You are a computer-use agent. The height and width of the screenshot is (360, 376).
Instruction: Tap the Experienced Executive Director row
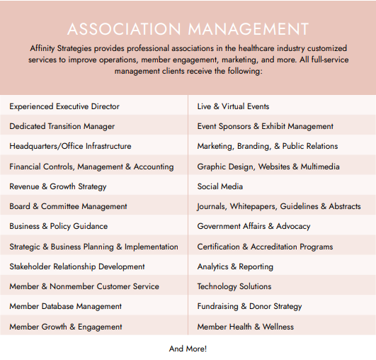(x=64, y=106)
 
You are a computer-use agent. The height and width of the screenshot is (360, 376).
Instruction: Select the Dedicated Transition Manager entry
(x=62, y=126)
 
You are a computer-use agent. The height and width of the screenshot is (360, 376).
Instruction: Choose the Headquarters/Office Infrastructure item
(x=70, y=146)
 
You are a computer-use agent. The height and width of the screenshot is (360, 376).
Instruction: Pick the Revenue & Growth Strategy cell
(x=58, y=186)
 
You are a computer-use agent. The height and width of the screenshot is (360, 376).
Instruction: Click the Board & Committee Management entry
(x=68, y=206)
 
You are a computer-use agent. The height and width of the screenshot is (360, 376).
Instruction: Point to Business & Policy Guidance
(x=59, y=226)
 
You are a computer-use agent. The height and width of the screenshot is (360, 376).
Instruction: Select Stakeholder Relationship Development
(x=77, y=266)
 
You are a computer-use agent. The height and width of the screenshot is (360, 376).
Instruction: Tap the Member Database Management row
(x=66, y=306)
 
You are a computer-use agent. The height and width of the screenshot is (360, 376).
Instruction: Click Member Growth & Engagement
(x=66, y=327)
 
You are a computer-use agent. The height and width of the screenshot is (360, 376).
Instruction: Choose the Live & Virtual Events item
(x=233, y=106)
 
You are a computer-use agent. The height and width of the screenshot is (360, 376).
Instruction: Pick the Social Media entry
(x=220, y=186)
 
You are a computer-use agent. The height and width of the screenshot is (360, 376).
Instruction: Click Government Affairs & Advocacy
(x=253, y=226)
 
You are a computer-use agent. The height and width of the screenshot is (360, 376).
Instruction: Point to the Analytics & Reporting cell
(x=235, y=266)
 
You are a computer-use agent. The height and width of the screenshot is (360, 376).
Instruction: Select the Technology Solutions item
(x=234, y=286)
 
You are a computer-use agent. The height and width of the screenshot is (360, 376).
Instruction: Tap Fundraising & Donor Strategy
(x=249, y=306)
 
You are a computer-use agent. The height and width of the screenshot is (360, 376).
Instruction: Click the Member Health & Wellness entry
(x=245, y=327)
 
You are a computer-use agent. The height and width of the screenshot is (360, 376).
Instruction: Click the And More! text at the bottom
(x=188, y=349)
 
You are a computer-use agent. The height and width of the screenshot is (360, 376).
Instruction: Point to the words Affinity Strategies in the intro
(x=62, y=47)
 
